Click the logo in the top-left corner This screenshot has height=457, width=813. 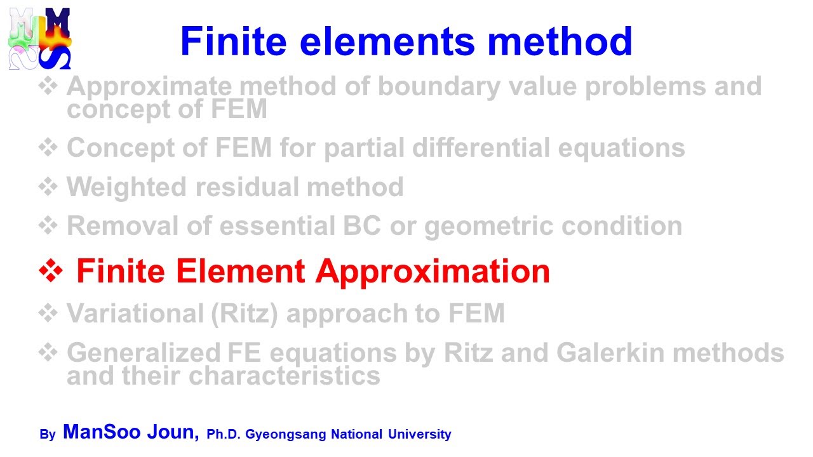pos(39,39)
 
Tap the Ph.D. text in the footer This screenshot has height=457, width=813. pos(224,435)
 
